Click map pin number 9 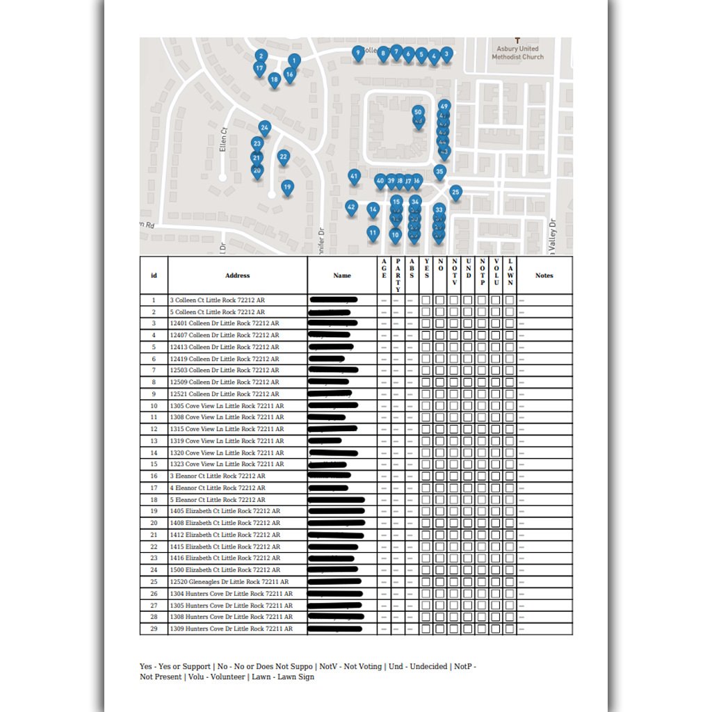(x=358, y=52)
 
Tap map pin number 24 (x=264, y=128)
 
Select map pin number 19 (x=287, y=186)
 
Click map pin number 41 (x=354, y=177)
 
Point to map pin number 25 (x=455, y=192)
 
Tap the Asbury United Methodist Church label (x=517, y=52)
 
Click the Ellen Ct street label (x=223, y=140)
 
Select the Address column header (x=237, y=275)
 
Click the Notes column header (x=544, y=275)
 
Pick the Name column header (x=342, y=275)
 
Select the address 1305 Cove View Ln (x=227, y=405)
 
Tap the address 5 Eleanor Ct (x=218, y=500)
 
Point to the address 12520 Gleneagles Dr (x=229, y=582)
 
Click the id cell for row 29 (x=154, y=629)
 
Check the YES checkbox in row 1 (x=426, y=300)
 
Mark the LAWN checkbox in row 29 (x=510, y=629)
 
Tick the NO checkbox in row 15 (x=439, y=464)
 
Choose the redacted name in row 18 (x=337, y=500)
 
